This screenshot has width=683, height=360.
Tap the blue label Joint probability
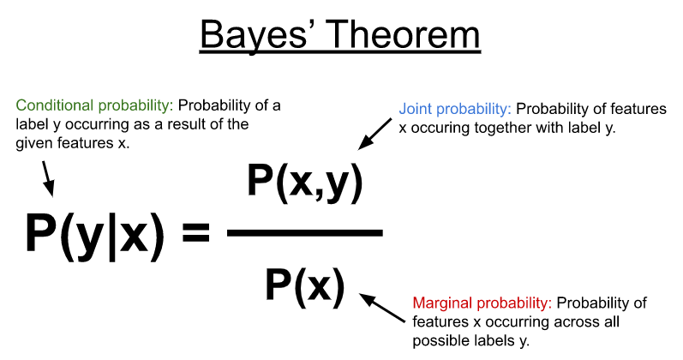pyautogui.click(x=454, y=110)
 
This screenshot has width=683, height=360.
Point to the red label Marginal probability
pyautogui.click(x=482, y=303)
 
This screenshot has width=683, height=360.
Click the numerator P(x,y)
pyautogui.click(x=305, y=183)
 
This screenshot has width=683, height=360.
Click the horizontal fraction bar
pyautogui.click(x=304, y=232)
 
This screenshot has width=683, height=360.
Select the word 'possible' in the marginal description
pyautogui.click(x=439, y=340)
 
